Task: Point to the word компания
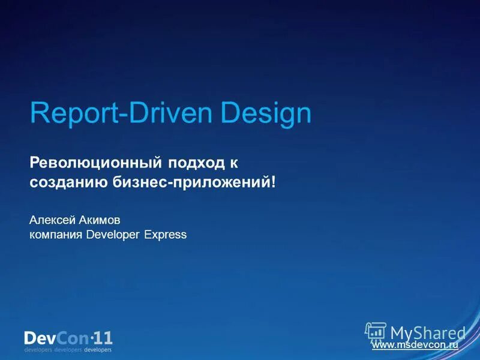(56, 235)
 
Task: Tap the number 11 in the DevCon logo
(103, 337)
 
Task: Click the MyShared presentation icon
(376, 332)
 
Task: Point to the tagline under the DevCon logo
(68, 349)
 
